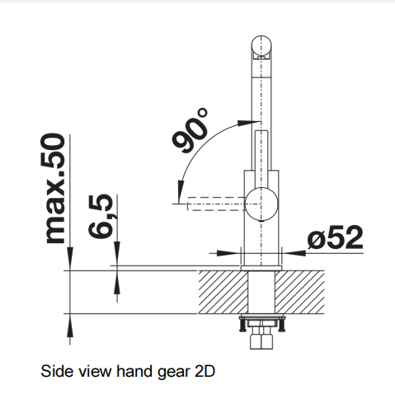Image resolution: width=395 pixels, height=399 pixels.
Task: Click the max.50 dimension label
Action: (x=56, y=189)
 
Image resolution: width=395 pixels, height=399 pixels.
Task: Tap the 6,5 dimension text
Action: (x=101, y=216)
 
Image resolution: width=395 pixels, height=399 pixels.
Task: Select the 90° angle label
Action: (x=190, y=130)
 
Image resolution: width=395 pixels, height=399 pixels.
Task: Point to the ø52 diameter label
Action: (x=336, y=237)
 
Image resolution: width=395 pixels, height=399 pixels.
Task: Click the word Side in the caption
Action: (x=56, y=371)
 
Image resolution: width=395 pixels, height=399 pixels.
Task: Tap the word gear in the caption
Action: (x=174, y=372)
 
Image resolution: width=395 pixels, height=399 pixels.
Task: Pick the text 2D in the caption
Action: (x=205, y=371)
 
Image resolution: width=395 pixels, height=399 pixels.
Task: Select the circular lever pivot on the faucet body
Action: (x=261, y=204)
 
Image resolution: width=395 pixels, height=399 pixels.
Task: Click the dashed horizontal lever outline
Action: (x=216, y=204)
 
